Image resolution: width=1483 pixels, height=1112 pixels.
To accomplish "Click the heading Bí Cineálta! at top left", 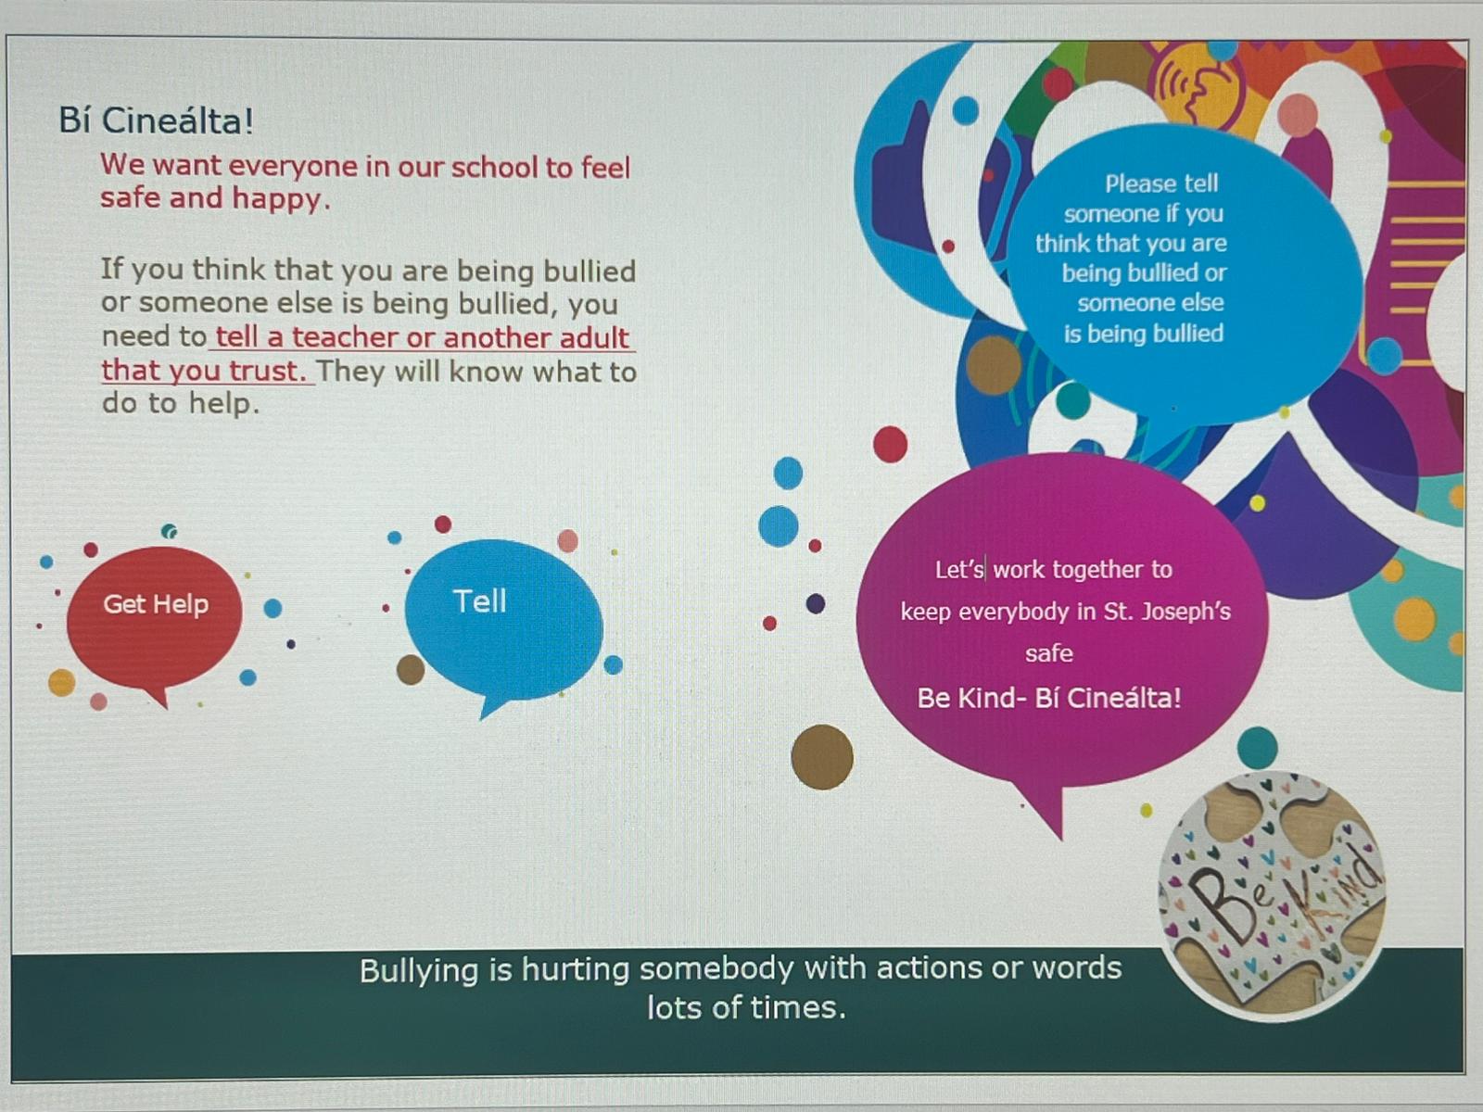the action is click(x=156, y=120).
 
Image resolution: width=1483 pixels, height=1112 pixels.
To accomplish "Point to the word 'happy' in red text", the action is click(x=278, y=200).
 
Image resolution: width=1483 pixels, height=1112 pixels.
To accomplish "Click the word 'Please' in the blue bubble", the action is click(x=1137, y=183).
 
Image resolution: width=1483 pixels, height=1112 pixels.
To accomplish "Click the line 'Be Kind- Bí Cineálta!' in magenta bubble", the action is click(x=1049, y=698).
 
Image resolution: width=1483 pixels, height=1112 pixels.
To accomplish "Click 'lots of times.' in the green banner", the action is click(x=746, y=1007).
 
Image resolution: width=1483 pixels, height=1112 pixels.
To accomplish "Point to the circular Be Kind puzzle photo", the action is click(x=1272, y=893).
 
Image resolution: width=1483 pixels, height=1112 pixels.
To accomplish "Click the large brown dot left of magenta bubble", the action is click(x=821, y=757).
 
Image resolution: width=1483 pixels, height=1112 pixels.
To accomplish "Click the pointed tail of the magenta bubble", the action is click(x=1059, y=837).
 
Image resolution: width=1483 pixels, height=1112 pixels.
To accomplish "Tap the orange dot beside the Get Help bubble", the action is click(x=61, y=683).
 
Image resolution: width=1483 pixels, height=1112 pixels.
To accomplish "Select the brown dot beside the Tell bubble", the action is click(x=410, y=669).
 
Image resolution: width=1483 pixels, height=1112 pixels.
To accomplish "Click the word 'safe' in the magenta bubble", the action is click(x=1048, y=653).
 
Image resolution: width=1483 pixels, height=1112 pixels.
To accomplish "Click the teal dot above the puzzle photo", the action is click(x=1257, y=747).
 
